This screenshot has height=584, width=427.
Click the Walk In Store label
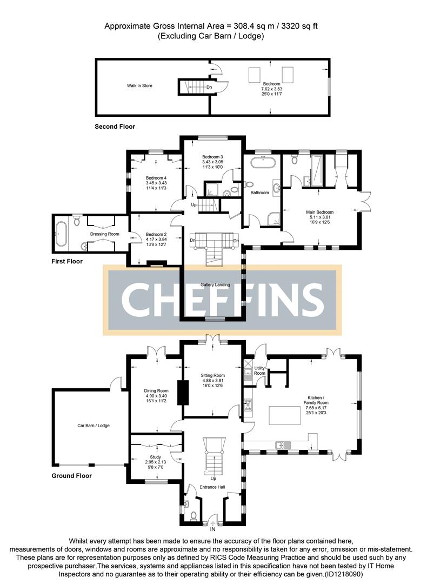click(139, 85)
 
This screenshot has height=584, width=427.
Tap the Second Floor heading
click(115, 127)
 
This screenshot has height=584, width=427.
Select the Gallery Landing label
click(215, 284)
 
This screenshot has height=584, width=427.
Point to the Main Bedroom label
click(320, 213)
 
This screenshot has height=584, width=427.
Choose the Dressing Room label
click(105, 234)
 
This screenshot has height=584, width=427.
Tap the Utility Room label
click(260, 370)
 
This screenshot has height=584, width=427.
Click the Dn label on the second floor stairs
click(209, 87)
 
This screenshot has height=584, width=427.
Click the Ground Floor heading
click(71, 476)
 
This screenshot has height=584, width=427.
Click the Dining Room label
click(156, 390)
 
